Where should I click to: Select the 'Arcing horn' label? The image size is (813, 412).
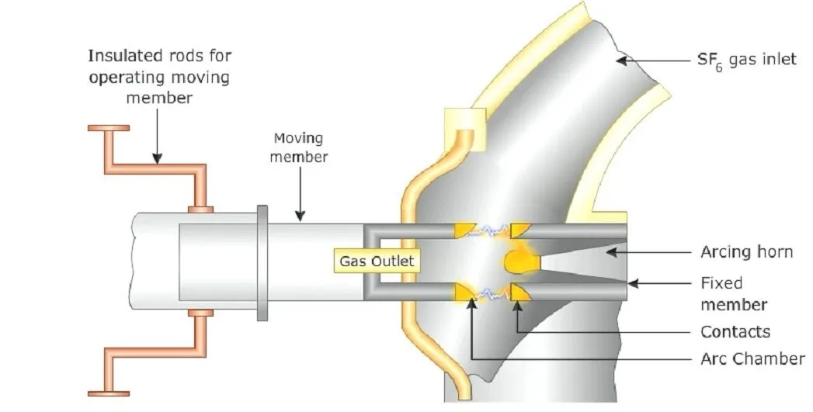click(x=745, y=251)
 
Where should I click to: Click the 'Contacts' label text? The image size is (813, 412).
click(x=735, y=332)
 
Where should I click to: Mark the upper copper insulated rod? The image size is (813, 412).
click(x=155, y=168)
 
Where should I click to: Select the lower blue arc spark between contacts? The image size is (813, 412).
click(x=490, y=294)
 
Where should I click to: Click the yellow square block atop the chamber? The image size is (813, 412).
click(x=464, y=126)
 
